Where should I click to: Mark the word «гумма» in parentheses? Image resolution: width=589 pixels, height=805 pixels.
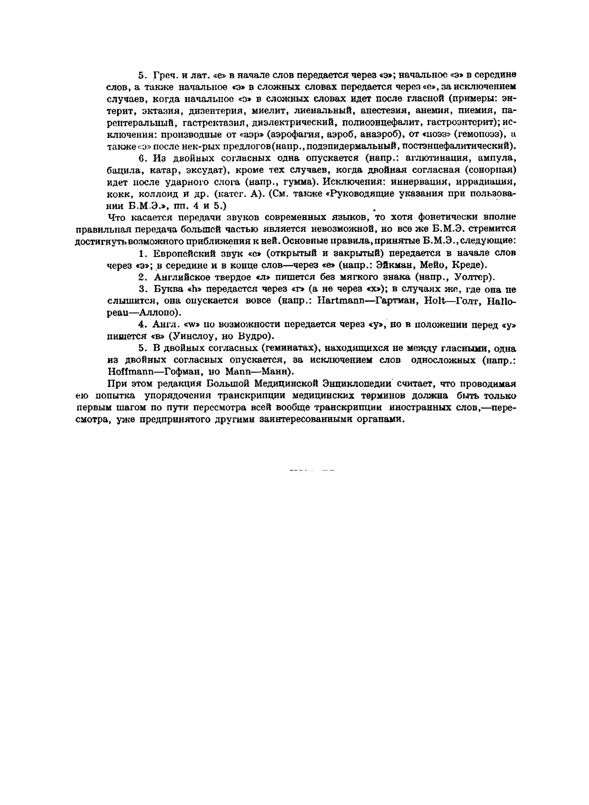pos(299,182)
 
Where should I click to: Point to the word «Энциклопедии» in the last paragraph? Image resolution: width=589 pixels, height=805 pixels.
pos(357,384)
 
